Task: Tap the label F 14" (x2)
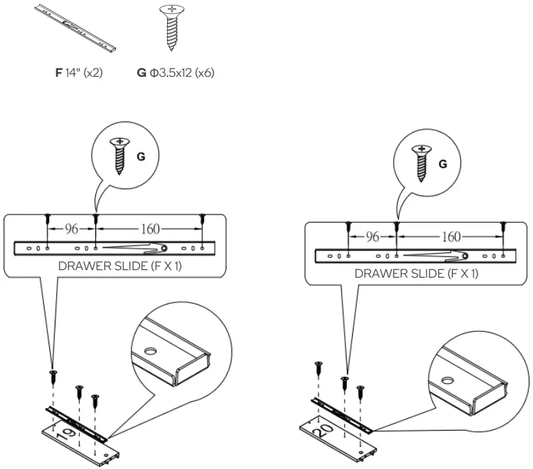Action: point(79,72)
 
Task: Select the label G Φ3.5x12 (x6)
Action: point(175,72)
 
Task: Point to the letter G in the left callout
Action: point(141,156)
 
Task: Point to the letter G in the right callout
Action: point(442,164)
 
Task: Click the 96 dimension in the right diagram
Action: point(372,237)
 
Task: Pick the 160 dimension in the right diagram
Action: point(450,237)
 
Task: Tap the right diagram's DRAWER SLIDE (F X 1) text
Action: point(416,274)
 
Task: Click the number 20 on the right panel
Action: point(326,433)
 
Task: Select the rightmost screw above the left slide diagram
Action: point(203,219)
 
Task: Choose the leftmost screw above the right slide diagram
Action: point(349,227)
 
